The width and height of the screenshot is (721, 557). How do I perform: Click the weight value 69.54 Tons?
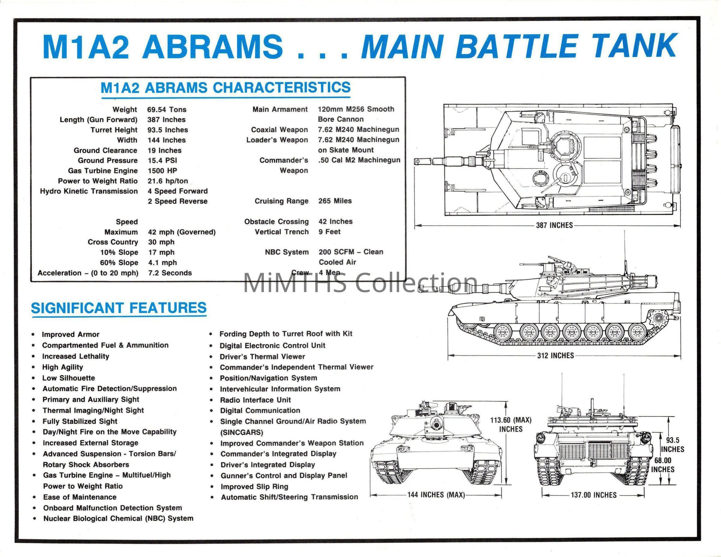[167, 110]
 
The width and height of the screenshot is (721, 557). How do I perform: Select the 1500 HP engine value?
[162, 171]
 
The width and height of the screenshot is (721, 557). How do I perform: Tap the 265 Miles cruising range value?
[335, 201]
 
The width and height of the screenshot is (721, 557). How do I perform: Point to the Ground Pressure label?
[108, 160]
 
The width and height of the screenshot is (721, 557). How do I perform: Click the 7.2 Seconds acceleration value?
[170, 273]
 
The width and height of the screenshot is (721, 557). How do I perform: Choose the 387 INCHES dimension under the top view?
[554, 225]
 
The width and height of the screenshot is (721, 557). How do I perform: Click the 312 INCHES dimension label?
[556, 356]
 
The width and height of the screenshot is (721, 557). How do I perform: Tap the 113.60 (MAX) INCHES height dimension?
[511, 424]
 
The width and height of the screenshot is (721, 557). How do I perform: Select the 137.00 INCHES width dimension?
[594, 495]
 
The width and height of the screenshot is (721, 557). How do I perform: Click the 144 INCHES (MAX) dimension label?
[436, 495]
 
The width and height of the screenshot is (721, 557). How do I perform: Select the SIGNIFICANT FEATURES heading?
[118, 308]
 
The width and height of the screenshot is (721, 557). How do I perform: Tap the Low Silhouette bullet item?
[68, 378]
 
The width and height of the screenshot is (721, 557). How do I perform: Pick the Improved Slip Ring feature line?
[254, 486]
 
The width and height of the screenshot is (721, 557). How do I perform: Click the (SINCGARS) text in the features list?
[242, 432]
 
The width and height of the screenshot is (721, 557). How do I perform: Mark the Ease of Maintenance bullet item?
[80, 497]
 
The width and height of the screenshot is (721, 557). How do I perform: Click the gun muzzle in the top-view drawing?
[418, 161]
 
